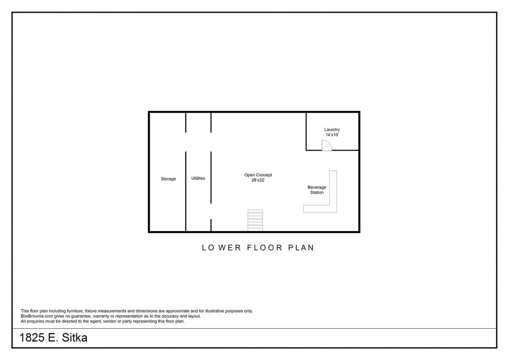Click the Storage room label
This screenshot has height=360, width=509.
point(168,179)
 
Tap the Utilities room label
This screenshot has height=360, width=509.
point(198,178)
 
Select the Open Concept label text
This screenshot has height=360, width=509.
point(258,175)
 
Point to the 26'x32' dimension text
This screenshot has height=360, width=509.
point(258,180)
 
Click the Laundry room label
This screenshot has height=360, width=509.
point(332,130)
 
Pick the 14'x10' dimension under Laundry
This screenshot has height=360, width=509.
point(332,135)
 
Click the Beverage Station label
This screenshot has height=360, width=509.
point(317,190)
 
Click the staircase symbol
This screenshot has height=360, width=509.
point(255,220)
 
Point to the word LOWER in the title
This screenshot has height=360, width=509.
point(221,248)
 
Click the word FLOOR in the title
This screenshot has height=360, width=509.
point(265,248)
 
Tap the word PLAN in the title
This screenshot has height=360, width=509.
point(301,248)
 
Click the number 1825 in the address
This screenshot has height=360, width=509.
point(32,338)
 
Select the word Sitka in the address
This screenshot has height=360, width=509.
point(75,338)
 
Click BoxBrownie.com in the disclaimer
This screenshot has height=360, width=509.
point(37,316)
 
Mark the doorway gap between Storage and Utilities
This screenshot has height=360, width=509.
point(186,142)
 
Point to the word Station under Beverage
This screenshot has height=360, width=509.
point(317,193)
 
